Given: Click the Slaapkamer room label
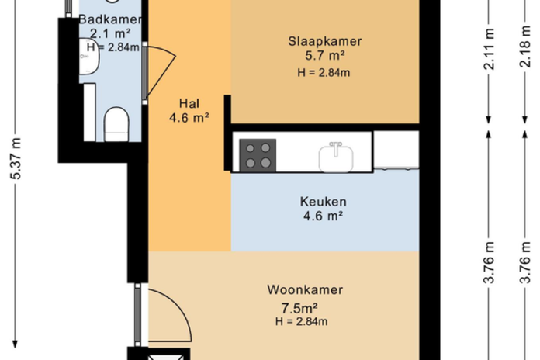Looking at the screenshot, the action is [325, 41].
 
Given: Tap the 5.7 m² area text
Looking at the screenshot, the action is [325, 55].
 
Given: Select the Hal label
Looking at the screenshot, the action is [189, 103].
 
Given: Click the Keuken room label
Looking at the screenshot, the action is [323, 202].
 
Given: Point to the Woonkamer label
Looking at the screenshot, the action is [305, 289].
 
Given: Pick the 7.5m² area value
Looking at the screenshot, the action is [299, 307].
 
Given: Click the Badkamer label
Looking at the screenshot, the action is [110, 19].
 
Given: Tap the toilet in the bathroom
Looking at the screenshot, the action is [116, 124].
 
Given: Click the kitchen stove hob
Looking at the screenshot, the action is [258, 155].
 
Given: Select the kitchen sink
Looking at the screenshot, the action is [336, 157].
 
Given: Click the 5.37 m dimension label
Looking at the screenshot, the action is [16, 159].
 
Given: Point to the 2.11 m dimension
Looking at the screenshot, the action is [489, 49].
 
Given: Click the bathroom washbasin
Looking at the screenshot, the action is [89, 56].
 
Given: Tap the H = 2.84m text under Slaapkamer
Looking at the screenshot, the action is [324, 73].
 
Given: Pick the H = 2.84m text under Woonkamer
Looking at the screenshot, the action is [301, 321].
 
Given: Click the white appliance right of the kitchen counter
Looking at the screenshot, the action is [396, 150].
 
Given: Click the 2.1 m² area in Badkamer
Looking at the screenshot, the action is [110, 33].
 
